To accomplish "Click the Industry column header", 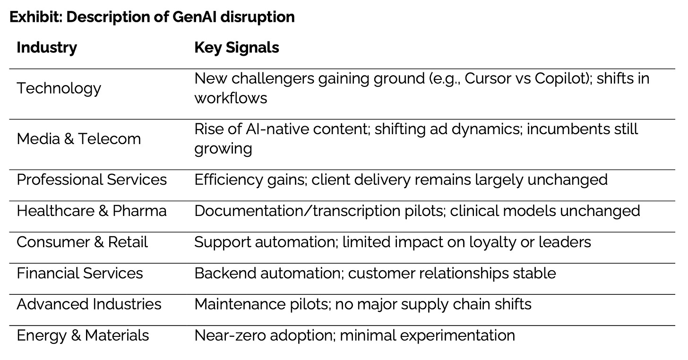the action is tap(46, 48).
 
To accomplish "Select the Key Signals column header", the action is tap(236, 48).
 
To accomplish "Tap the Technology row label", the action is tap(59, 88).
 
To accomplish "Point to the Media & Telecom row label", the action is tap(78, 139).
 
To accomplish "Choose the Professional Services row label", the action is tap(92, 180).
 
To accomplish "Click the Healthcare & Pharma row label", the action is tap(92, 211).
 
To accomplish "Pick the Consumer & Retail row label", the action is tap(82, 242).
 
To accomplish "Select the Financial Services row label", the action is tap(79, 274).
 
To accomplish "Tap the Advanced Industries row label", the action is tap(89, 304).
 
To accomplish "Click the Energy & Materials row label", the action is tap(83, 335).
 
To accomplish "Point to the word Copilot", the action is tap(559, 78).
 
